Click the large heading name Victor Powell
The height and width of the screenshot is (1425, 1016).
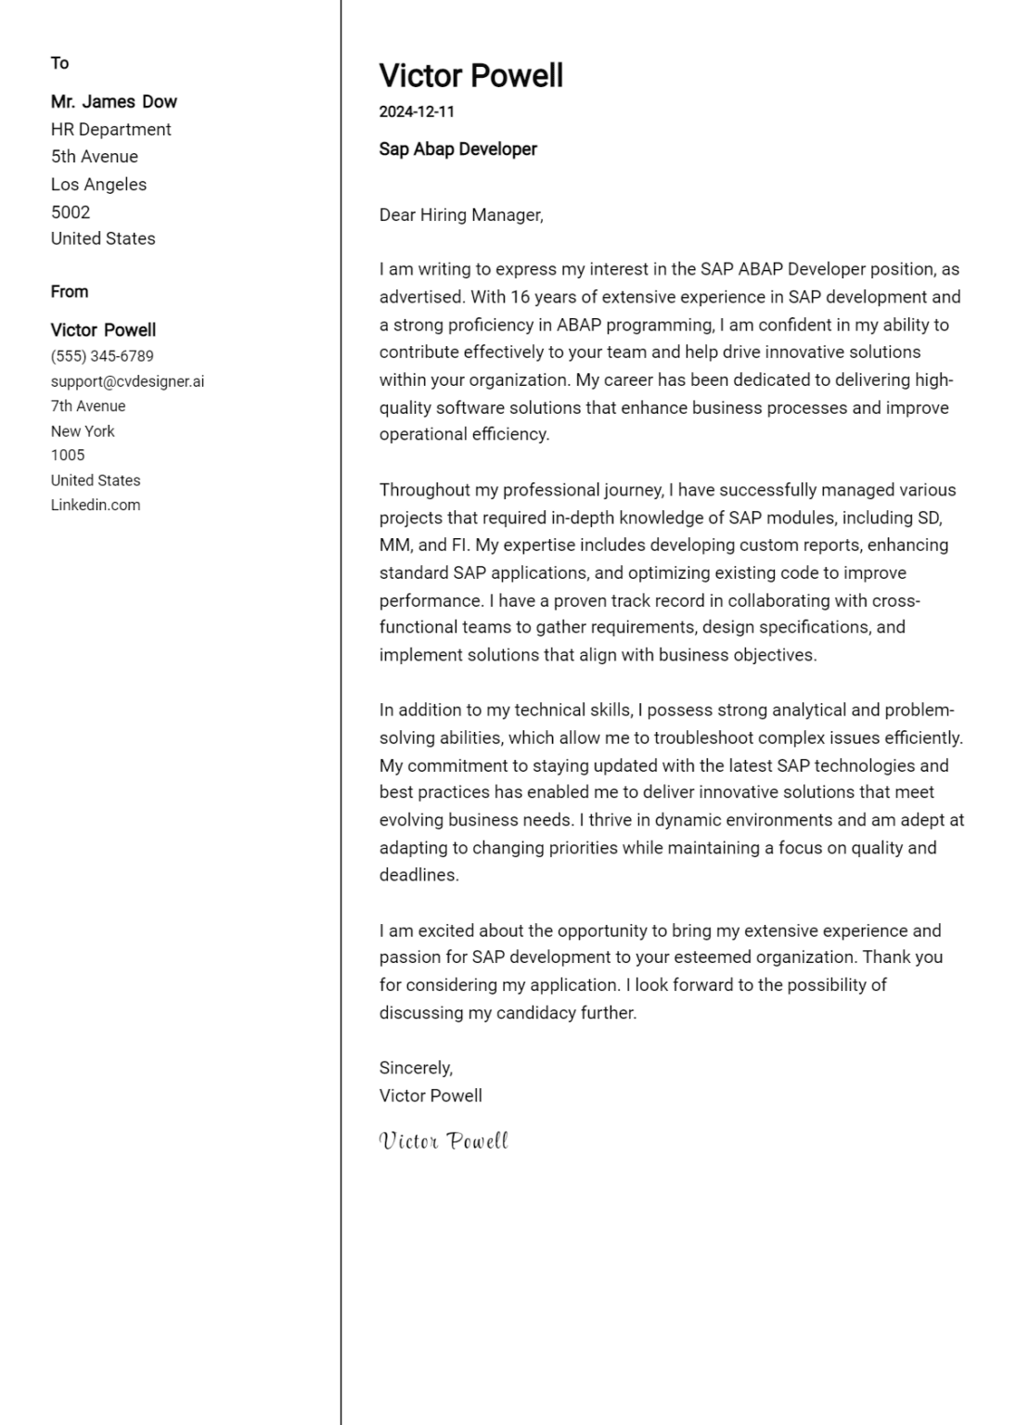470,76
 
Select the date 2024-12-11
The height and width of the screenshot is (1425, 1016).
417,112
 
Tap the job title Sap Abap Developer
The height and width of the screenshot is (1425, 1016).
457,149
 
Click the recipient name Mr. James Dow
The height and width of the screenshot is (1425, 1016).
113,102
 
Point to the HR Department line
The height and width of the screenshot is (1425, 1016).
110,130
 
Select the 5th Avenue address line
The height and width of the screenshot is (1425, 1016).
94,157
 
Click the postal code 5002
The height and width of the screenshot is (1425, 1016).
70,212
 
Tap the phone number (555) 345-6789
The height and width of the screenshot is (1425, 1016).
102,356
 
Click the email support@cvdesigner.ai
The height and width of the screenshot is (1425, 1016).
127,381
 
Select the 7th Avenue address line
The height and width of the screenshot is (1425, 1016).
87,406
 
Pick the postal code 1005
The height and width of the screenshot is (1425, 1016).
67,456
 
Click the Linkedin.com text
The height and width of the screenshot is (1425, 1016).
95,506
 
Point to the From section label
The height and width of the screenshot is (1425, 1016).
69,292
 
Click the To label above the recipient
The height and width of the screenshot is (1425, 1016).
59,63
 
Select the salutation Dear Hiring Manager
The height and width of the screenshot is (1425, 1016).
460,215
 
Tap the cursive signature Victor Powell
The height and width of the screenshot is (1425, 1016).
444,1141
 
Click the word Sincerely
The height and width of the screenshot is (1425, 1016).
415,1068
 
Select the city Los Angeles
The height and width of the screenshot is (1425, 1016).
98,185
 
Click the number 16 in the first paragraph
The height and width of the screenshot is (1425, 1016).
520,298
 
